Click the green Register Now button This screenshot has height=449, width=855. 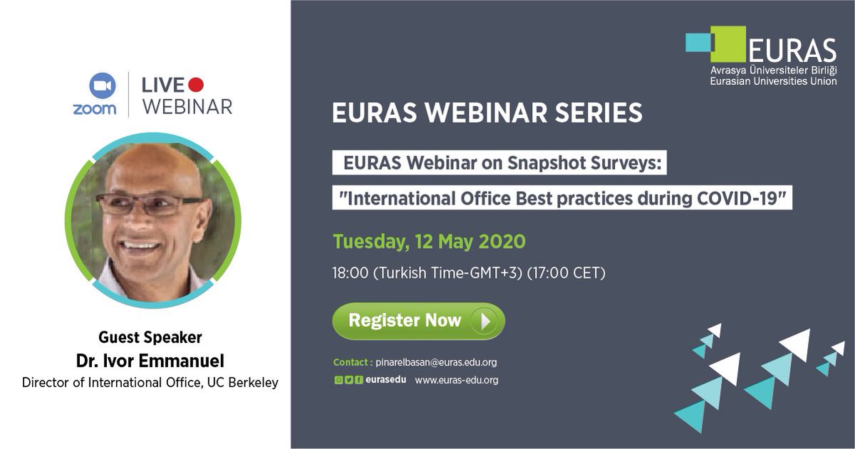click(418, 321)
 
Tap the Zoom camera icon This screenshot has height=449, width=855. click(103, 86)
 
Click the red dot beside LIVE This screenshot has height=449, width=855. click(196, 85)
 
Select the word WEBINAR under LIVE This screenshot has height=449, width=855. click(187, 107)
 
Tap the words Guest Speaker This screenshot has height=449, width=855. click(150, 337)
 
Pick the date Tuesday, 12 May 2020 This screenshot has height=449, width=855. click(429, 242)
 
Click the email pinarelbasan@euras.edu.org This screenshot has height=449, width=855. click(436, 362)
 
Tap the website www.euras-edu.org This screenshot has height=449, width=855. click(457, 380)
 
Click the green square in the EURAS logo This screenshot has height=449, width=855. click(727, 44)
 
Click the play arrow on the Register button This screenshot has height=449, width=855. click(487, 321)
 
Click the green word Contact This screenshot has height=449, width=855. click(351, 362)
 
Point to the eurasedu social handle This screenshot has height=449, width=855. click(386, 380)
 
